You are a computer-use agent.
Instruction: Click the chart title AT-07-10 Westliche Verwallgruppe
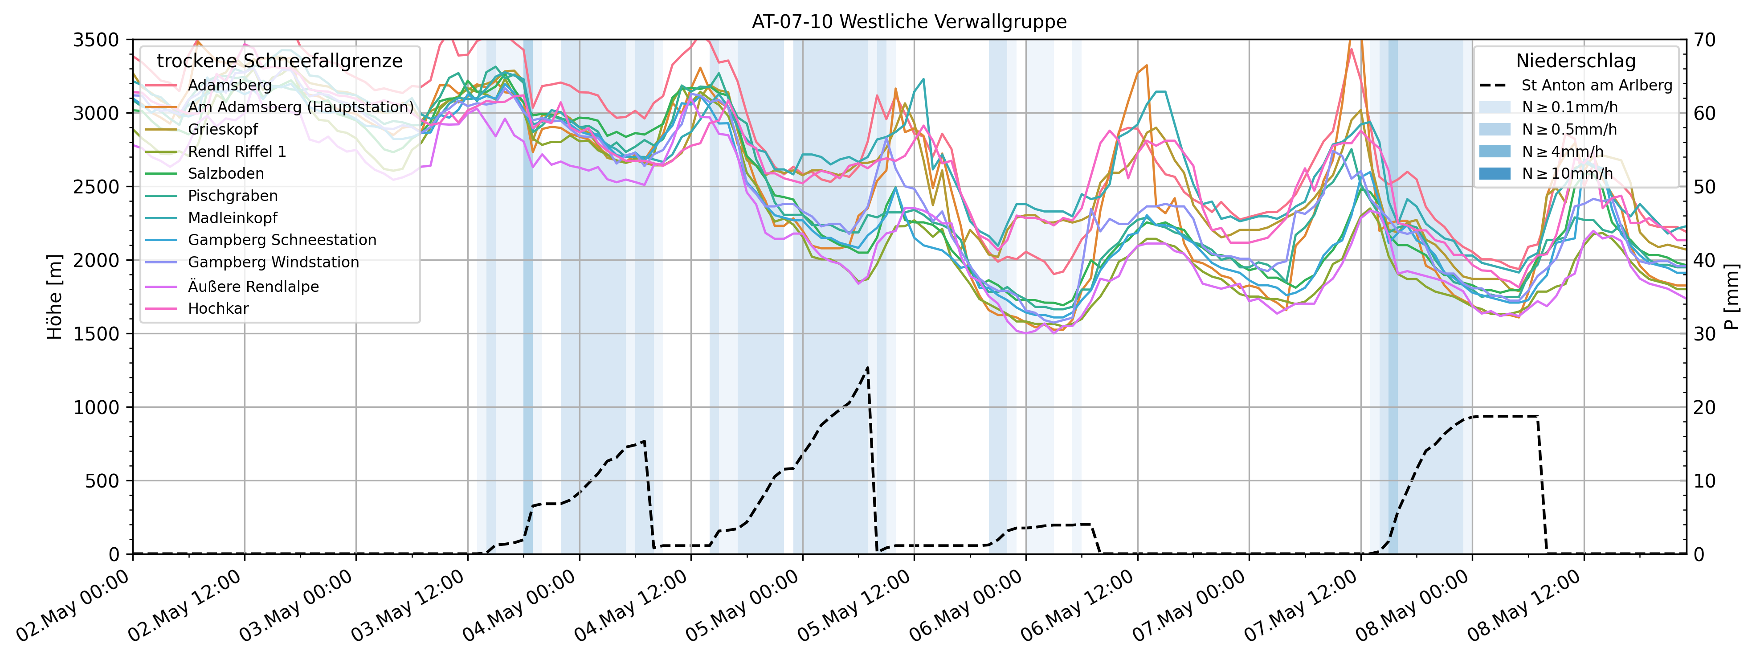(909, 22)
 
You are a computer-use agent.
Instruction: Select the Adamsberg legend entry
(230, 85)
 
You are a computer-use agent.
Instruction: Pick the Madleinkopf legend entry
(233, 218)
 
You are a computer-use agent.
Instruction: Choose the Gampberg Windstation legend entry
(274, 262)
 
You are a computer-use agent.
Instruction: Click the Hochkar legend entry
(218, 308)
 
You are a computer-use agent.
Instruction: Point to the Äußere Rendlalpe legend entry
(253, 287)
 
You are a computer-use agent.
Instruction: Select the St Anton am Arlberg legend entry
(1597, 85)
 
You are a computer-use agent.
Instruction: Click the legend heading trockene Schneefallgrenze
(279, 61)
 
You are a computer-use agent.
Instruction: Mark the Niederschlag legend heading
(1575, 61)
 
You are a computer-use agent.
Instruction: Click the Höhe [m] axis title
(54, 297)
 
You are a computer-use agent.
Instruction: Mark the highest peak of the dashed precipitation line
(868, 368)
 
